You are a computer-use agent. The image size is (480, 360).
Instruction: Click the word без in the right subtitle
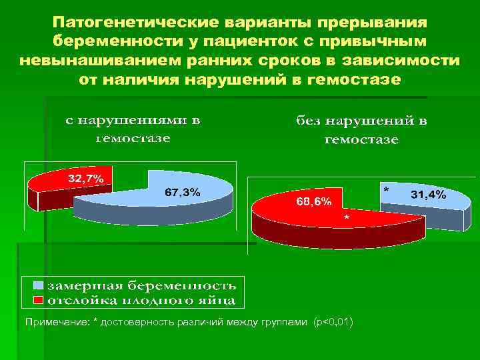[x=310, y=122]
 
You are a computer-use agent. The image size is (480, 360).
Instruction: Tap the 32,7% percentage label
[x=85, y=179]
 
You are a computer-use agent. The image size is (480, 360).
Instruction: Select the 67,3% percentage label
[x=181, y=192]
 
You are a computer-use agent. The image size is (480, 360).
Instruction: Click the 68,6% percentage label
[x=313, y=201]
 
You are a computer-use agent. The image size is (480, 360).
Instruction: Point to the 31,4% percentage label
[x=429, y=195]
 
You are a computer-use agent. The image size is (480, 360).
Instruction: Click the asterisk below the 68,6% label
[x=345, y=219]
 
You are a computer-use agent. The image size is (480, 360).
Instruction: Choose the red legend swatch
[x=39, y=299]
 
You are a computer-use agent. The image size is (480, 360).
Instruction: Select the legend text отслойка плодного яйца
[x=139, y=299]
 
